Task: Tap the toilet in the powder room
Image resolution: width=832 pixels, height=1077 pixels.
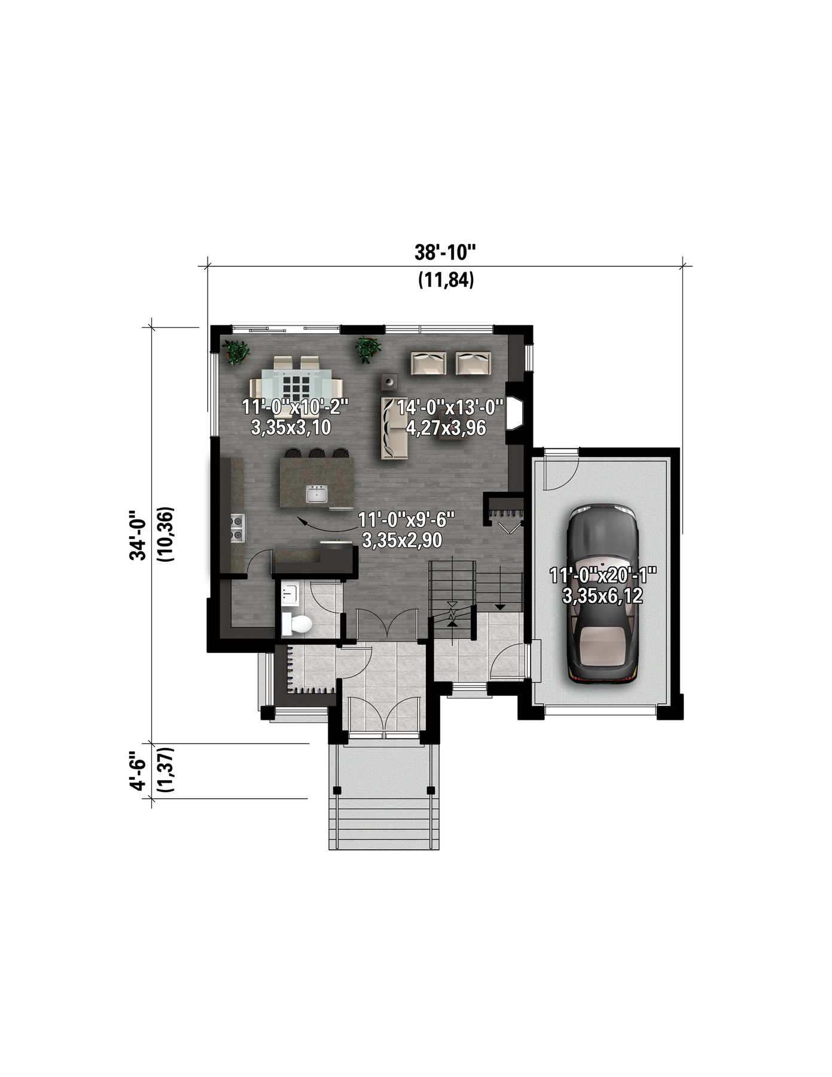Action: coord(298,624)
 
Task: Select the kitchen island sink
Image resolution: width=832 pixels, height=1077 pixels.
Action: coord(317,494)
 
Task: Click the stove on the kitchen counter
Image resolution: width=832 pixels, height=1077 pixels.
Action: coord(237,528)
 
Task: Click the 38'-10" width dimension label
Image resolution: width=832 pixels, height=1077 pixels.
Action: coord(446,252)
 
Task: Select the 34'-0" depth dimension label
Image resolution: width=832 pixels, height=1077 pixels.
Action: coord(138,535)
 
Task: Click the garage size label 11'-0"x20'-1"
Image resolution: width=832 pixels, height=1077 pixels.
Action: coord(603,576)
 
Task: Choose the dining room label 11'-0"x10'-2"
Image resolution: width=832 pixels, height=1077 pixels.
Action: coord(294,407)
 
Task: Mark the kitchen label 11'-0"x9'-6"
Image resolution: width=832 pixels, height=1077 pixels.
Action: coord(406,519)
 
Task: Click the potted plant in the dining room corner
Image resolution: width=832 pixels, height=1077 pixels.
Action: coord(236,351)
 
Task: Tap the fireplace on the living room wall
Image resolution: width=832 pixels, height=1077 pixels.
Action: coord(515,412)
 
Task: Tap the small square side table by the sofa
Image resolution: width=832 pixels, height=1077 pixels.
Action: coord(391,381)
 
